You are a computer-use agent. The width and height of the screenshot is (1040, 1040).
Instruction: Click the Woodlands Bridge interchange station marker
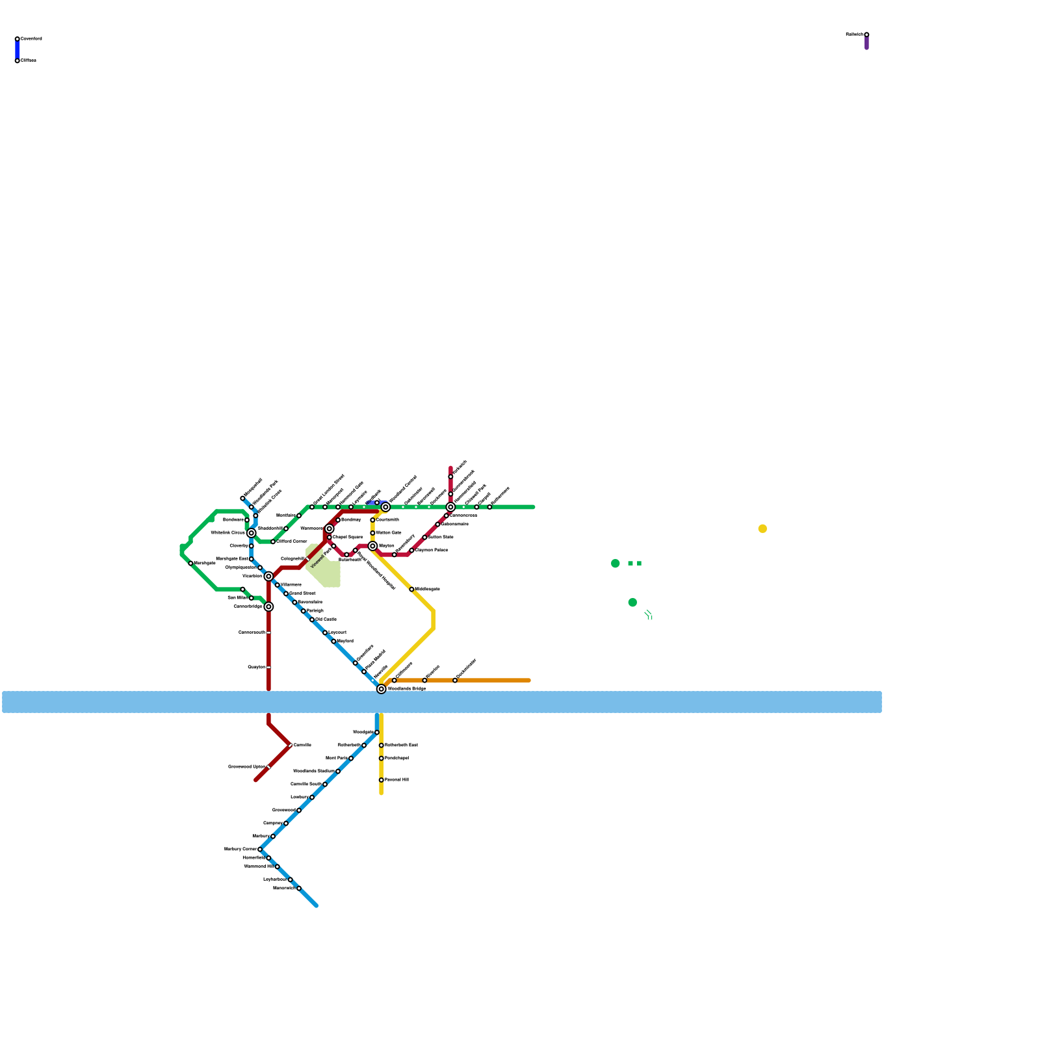point(382,689)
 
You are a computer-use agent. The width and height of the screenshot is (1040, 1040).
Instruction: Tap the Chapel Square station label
point(348,538)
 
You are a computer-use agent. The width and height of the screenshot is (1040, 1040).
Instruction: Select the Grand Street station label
point(302,593)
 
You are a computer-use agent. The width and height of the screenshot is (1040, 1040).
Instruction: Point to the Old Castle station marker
point(312,619)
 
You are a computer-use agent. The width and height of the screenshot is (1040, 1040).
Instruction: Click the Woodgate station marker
point(377,733)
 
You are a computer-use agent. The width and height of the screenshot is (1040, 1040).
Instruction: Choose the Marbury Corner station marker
point(260,850)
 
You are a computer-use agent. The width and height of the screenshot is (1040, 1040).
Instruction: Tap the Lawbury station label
point(300,797)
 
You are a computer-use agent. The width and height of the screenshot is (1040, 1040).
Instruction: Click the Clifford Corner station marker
point(273,541)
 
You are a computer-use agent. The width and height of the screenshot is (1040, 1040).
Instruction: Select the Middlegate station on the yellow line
point(411,590)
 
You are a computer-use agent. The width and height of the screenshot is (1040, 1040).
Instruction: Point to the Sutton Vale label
point(441,538)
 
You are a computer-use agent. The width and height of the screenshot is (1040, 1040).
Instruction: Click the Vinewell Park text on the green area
point(322,558)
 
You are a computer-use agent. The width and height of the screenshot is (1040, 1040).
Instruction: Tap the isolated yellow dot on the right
point(762,528)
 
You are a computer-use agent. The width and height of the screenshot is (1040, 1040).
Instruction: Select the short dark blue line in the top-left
point(18,50)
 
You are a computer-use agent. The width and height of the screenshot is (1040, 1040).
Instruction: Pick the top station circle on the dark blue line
point(18,39)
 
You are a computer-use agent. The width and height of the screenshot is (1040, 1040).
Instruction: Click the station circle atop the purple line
point(866,34)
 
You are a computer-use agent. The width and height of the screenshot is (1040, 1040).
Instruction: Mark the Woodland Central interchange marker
point(385,507)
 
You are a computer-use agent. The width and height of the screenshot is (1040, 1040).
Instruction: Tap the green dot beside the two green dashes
point(616,564)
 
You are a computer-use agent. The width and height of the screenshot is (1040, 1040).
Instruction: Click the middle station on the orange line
point(424,681)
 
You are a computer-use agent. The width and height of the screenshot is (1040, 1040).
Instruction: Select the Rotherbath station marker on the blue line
point(364,746)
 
